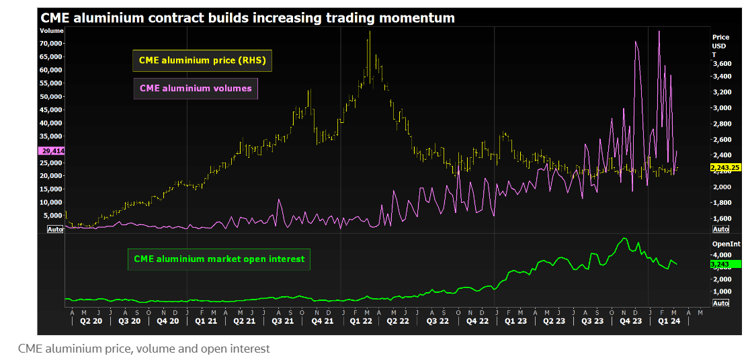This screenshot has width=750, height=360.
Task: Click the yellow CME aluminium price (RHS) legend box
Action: tap(202, 60)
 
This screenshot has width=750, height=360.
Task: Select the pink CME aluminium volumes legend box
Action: tap(196, 88)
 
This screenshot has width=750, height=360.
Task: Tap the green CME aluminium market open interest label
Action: tap(219, 259)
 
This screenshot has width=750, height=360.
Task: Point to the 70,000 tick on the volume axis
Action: tap(51, 44)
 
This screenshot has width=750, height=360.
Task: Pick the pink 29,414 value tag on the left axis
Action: tap(51, 151)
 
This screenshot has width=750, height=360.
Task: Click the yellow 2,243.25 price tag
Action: tap(725, 168)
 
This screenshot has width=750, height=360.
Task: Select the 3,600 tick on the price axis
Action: tap(722, 63)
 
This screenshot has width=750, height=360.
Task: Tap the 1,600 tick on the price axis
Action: tap(722, 218)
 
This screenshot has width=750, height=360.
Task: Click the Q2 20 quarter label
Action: tap(91, 321)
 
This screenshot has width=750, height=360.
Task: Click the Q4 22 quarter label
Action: tap(477, 321)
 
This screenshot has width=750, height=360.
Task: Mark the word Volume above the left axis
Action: tap(51, 31)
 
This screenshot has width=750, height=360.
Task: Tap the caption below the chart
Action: tap(144, 349)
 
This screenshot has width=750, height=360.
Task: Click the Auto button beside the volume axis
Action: tap(55, 229)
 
